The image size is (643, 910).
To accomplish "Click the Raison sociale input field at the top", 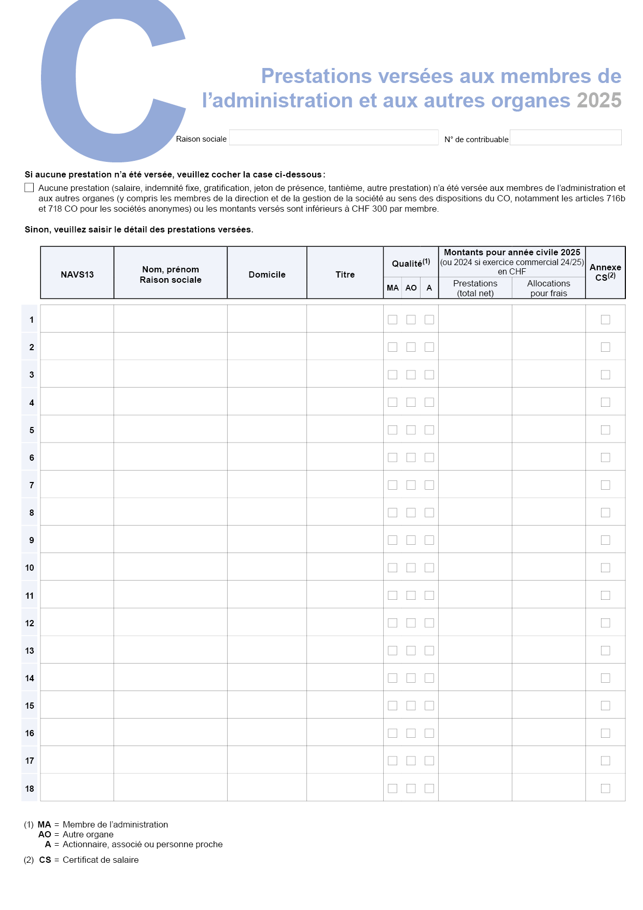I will pyautogui.click(x=333, y=137).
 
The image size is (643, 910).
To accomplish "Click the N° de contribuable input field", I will pyautogui.click(x=565, y=137).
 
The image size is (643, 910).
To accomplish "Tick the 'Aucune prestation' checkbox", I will pyautogui.click(x=30, y=188).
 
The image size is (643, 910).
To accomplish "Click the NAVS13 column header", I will pyautogui.click(x=77, y=274).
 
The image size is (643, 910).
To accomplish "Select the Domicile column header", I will pyautogui.click(x=267, y=274).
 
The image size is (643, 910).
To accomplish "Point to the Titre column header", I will pyautogui.click(x=345, y=274).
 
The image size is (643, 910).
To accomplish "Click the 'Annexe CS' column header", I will pyautogui.click(x=605, y=272).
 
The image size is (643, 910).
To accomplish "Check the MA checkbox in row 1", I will pyautogui.click(x=393, y=320).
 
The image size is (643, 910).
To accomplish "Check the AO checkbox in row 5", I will pyautogui.click(x=411, y=430).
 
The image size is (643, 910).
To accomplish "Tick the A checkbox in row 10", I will pyautogui.click(x=429, y=568).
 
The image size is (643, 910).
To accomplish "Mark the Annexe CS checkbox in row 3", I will pyautogui.click(x=605, y=375).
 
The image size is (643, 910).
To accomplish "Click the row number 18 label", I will pyautogui.click(x=30, y=789).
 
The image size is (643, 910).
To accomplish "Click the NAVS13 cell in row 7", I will pyautogui.click(x=77, y=485).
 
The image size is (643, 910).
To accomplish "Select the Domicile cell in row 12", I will pyautogui.click(x=267, y=623).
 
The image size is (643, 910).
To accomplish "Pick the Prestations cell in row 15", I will pyautogui.click(x=475, y=706).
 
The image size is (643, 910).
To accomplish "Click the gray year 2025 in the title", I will pyautogui.click(x=599, y=101).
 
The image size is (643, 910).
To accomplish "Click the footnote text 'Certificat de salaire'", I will pyautogui.click(x=101, y=860).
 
